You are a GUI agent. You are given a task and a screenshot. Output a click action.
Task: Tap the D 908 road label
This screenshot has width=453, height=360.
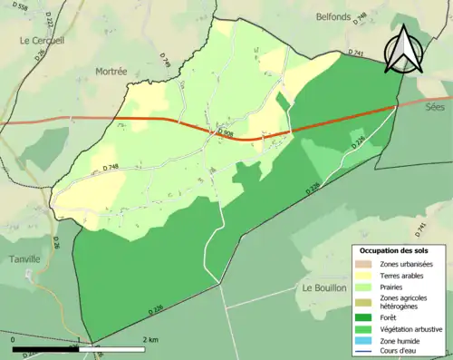click(x=226, y=134)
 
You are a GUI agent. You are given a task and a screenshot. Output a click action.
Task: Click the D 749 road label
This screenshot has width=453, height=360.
click(x=166, y=59)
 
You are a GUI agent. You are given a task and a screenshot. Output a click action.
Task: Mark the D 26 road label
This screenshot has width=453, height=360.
click(x=54, y=241)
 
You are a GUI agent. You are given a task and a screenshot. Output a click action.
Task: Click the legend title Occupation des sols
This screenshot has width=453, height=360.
click(x=394, y=249)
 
